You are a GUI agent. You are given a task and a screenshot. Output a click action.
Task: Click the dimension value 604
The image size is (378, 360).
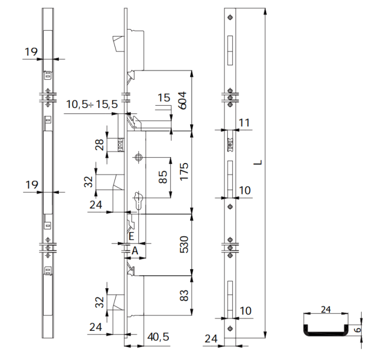pyautogui.click(x=183, y=101)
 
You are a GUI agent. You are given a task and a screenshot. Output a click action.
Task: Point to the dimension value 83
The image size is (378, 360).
pyautogui.click(x=183, y=295)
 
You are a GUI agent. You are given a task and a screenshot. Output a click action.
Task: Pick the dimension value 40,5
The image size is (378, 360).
pyautogui.click(x=158, y=337)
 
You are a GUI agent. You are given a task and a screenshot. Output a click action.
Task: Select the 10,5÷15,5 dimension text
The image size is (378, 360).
pyautogui.click(x=91, y=105)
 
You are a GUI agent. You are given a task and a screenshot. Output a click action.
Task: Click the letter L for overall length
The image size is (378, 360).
pyautogui.click(x=259, y=161)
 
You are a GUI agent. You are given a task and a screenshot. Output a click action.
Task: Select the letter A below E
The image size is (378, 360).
pyautogui.click(x=135, y=250)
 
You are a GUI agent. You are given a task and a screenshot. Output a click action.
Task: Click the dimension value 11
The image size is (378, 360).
pyautogui.click(x=244, y=123)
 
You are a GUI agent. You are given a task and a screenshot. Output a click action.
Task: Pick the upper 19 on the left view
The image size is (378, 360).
pyautogui.click(x=31, y=52)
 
